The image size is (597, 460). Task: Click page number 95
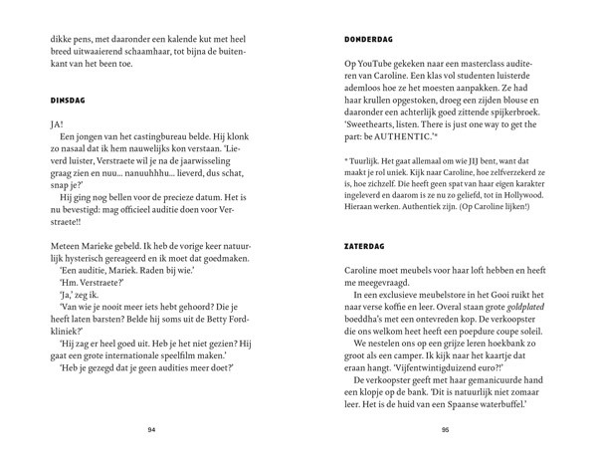(x=445, y=429)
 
